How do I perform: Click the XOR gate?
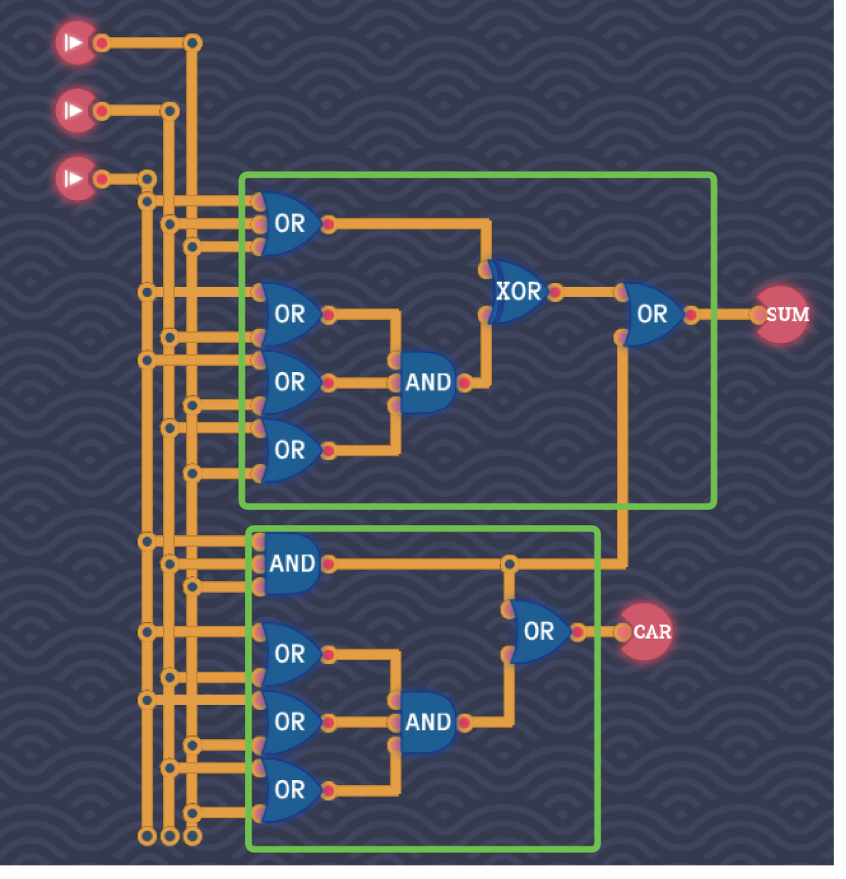tap(518, 291)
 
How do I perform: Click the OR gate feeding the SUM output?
tap(651, 315)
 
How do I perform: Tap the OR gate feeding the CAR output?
tap(539, 632)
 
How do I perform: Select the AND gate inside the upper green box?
tap(427, 382)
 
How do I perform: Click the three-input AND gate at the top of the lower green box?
tap(291, 564)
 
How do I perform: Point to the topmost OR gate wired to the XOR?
tap(288, 224)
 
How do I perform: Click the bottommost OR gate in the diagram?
tap(288, 790)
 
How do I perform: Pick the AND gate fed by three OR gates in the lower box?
tap(427, 722)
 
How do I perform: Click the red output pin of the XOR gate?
tap(555, 292)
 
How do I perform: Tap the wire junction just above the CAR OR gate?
tap(509, 564)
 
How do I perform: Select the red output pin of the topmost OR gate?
tap(328, 225)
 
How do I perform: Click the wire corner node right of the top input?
tap(192, 43)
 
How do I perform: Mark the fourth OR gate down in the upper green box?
tap(288, 450)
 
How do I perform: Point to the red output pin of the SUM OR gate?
tap(691, 315)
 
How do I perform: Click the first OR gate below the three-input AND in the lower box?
tap(288, 654)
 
